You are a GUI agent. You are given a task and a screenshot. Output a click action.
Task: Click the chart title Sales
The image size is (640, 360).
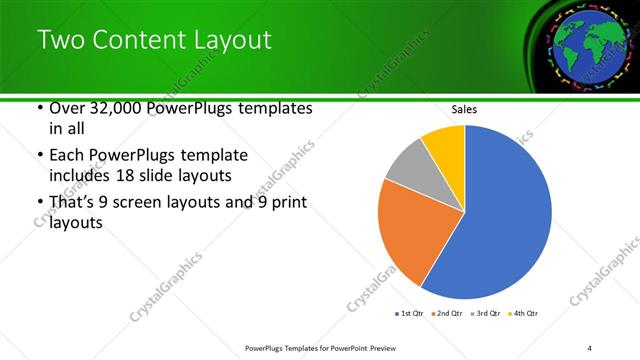[465, 109]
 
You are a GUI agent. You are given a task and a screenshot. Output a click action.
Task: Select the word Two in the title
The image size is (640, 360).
[59, 40]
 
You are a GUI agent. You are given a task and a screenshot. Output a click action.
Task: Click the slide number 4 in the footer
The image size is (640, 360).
[589, 348]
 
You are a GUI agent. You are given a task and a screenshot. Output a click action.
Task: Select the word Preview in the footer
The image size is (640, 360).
[391, 348]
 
